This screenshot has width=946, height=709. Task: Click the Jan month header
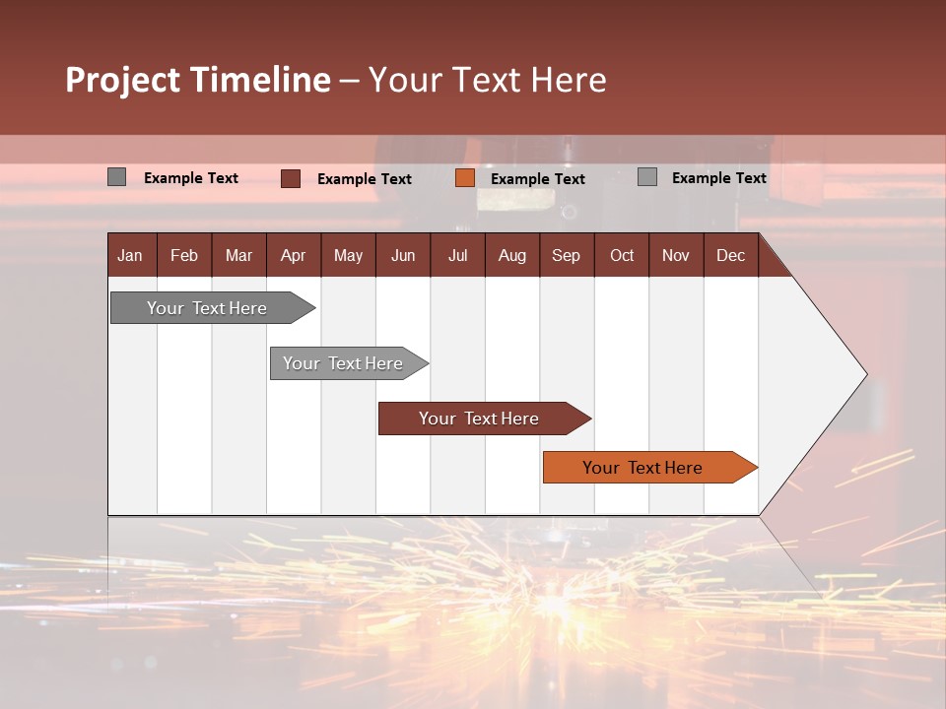coord(130,255)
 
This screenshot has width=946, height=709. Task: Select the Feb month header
coord(184,255)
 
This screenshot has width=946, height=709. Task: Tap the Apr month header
coord(294,255)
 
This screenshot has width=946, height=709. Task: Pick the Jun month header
coord(403,255)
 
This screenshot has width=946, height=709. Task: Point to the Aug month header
coord(512,255)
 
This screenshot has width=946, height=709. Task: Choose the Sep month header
coord(567,255)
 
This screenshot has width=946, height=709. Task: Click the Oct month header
coord(622,255)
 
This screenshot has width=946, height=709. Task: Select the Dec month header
coord(731,255)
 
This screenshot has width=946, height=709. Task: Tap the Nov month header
coord(676,255)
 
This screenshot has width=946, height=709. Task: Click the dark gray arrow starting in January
coord(207,308)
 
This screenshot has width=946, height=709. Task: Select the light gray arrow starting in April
coord(343,363)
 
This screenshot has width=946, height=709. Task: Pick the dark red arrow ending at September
coord(479,419)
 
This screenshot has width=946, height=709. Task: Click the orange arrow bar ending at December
coord(642,468)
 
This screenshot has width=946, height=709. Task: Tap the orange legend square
coord(465,178)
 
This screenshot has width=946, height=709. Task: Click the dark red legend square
coord(291,178)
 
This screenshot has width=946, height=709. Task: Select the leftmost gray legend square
coord(117,177)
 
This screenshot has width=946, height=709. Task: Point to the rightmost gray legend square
coord(647,177)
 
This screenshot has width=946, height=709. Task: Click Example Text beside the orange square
coord(538,179)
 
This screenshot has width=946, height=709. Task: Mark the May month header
coord(348,255)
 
